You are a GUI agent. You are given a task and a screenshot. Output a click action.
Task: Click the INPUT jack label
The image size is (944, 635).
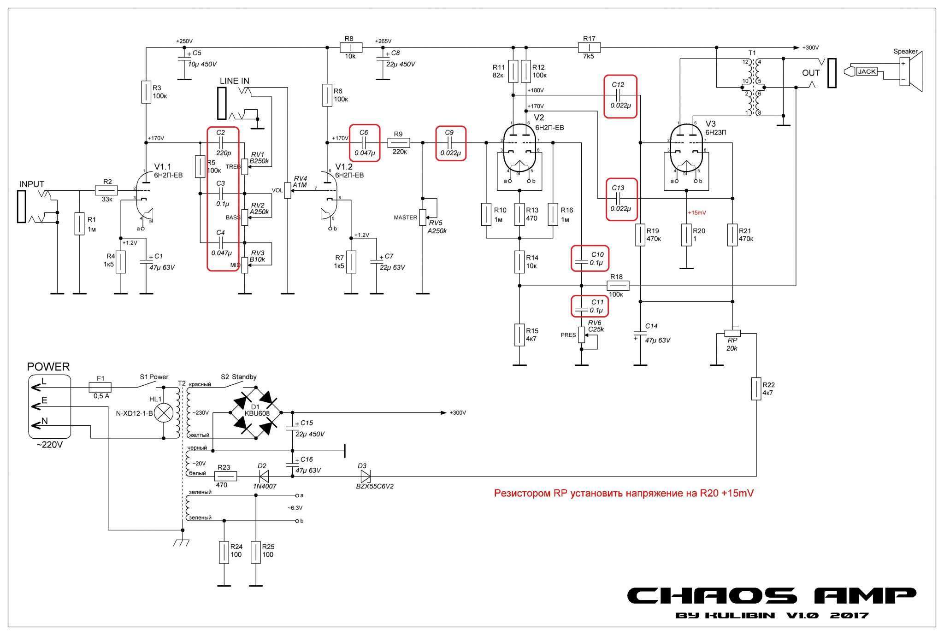31,184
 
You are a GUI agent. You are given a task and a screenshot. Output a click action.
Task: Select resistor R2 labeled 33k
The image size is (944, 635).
106,190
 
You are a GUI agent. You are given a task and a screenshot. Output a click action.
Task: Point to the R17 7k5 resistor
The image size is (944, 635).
589,47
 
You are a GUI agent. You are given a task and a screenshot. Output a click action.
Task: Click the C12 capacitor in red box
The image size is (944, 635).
620,96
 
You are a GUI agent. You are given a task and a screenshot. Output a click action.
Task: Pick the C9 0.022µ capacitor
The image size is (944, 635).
450,142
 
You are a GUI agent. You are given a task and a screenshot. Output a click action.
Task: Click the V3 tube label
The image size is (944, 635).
710,124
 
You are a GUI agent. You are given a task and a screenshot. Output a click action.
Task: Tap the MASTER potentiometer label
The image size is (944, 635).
405,218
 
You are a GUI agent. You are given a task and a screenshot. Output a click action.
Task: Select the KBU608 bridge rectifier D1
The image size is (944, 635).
255,412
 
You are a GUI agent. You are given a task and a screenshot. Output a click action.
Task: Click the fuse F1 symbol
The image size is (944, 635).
100,388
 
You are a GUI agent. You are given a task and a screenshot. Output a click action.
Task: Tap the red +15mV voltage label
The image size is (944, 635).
696,213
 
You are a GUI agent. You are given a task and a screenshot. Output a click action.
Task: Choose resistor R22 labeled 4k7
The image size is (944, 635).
756,388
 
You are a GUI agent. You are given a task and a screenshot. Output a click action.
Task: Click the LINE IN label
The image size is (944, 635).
234,81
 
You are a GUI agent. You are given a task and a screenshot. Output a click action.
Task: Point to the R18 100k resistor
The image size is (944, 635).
616,286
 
